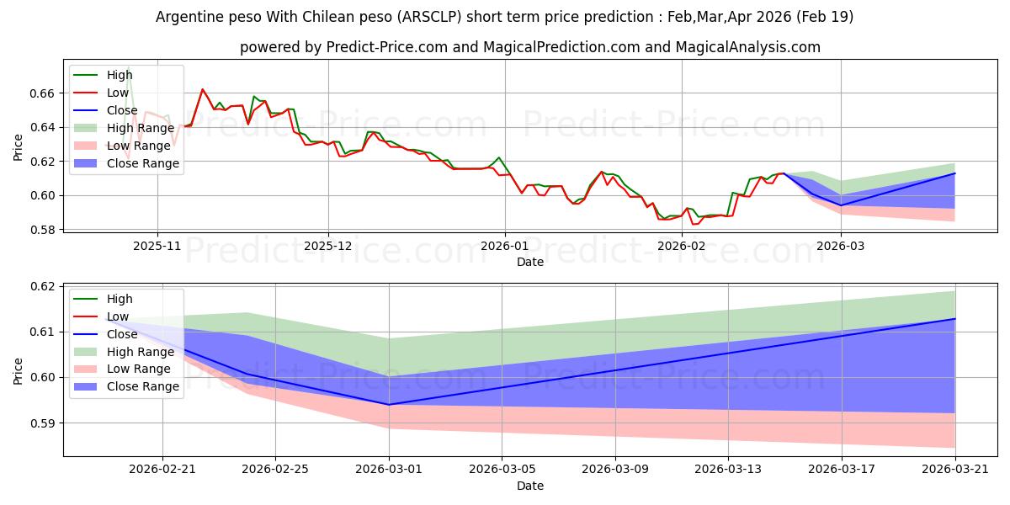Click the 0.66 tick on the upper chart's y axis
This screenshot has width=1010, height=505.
click(x=41, y=93)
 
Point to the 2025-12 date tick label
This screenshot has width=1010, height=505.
click(x=327, y=246)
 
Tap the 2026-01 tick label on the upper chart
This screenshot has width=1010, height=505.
click(x=504, y=246)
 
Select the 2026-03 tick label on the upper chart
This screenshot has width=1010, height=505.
click(x=841, y=246)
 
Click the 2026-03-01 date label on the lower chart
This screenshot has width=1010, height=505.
click(x=389, y=470)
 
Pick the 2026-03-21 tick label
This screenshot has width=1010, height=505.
click(x=955, y=470)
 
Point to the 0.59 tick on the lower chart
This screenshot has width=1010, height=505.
click(x=41, y=423)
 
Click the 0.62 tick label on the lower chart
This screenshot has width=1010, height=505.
click(x=41, y=287)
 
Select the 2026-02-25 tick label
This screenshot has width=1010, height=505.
click(x=275, y=470)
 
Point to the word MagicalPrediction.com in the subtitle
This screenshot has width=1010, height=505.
click(x=561, y=47)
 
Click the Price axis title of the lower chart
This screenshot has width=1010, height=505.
click(x=18, y=371)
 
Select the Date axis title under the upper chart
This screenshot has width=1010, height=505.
click(x=530, y=262)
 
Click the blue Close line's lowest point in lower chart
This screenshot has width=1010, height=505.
click(x=389, y=405)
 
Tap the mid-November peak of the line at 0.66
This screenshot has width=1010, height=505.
click(x=203, y=89)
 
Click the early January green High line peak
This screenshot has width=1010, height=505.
click(x=498, y=157)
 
